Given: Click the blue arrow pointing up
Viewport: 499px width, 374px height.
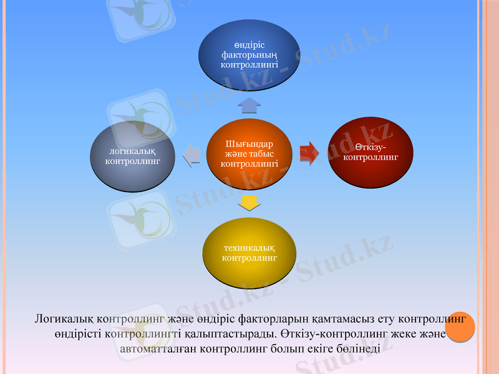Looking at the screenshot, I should tap(249, 104).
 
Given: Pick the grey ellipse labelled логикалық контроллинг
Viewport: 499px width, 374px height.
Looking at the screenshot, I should tap(132, 156).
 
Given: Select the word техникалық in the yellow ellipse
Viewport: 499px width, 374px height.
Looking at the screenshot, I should tap(249, 247).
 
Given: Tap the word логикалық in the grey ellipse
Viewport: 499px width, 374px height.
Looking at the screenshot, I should tap(132, 151).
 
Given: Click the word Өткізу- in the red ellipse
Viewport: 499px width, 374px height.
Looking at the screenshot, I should tap(371, 147).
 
